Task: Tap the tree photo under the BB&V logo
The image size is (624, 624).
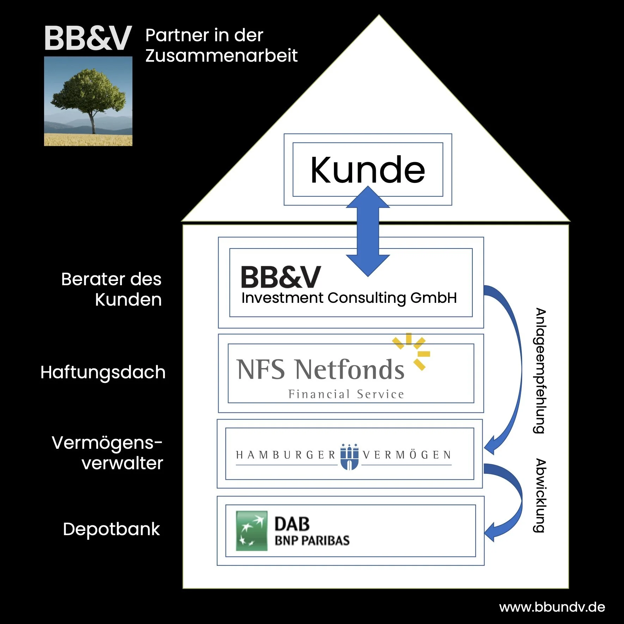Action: pyautogui.click(x=88, y=101)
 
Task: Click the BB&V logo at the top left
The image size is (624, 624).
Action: pyautogui.click(x=88, y=38)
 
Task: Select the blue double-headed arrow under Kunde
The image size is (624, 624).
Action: pyautogui.click(x=368, y=231)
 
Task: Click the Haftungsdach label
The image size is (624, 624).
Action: pyautogui.click(x=103, y=372)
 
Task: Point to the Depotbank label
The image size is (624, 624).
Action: pyautogui.click(x=111, y=529)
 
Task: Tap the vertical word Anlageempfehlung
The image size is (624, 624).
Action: pyautogui.click(x=540, y=371)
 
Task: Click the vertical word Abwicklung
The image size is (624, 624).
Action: pyautogui.click(x=540, y=496)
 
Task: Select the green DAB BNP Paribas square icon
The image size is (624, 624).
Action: pyautogui.click(x=251, y=531)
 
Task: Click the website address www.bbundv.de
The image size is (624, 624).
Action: pyautogui.click(x=552, y=607)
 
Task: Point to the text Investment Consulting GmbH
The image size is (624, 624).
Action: pyautogui.click(x=349, y=298)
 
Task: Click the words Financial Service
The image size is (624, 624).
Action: pyautogui.click(x=346, y=394)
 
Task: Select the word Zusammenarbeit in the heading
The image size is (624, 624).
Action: pyautogui.click(x=221, y=56)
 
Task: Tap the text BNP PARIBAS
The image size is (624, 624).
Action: pyautogui.click(x=312, y=540)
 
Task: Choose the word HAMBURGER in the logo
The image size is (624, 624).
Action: pyautogui.click(x=286, y=455)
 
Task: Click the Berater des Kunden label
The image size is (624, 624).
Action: pyautogui.click(x=111, y=289)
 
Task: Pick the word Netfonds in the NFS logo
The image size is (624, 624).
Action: pyautogui.click(x=350, y=369)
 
